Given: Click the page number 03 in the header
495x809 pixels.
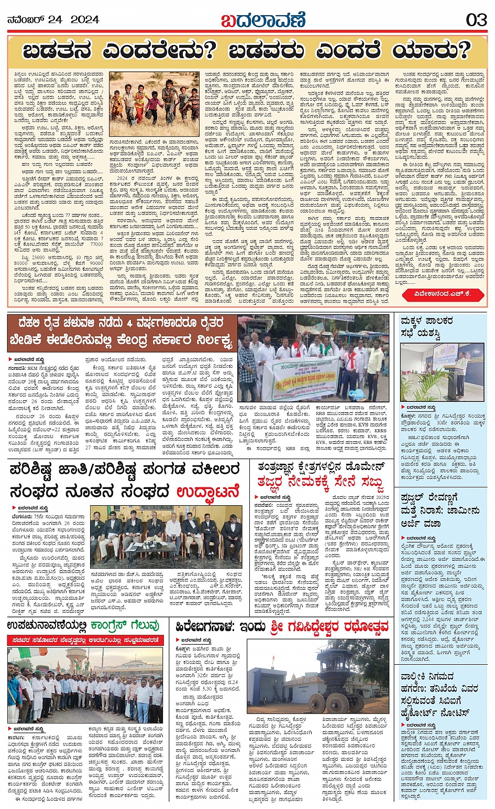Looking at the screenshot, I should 476,20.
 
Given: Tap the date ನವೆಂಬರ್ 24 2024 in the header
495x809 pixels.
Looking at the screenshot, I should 53,20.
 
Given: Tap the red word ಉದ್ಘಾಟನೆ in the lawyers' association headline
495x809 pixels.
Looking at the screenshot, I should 208,492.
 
